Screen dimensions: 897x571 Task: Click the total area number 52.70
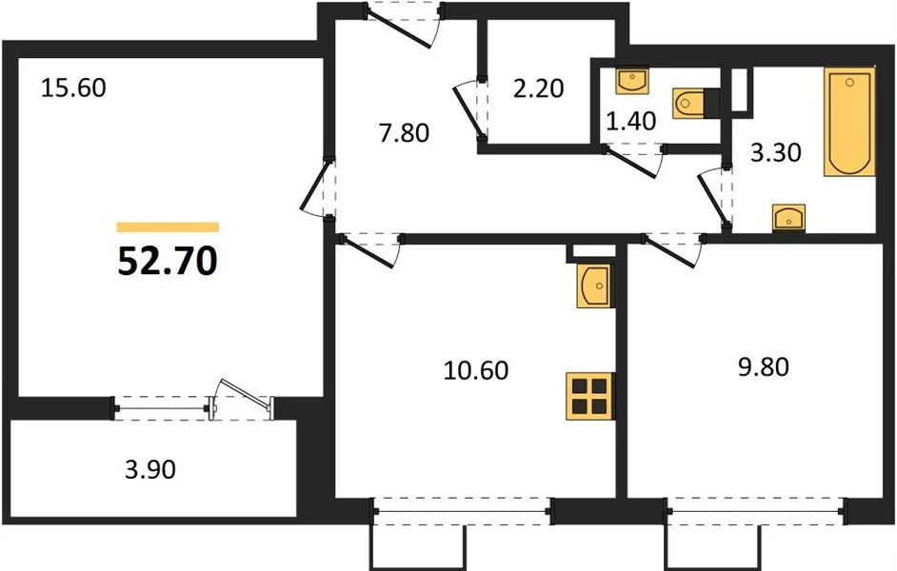tap(167, 263)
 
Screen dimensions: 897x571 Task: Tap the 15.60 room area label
tap(73, 89)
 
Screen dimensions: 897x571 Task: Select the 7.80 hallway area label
tap(404, 133)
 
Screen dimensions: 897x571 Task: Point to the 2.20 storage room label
tap(538, 89)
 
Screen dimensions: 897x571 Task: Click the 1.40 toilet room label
tap(631, 121)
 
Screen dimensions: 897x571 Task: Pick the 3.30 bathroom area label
tap(776, 152)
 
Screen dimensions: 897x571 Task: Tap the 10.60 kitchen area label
tap(476, 370)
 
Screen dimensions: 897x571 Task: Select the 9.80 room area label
tap(764, 366)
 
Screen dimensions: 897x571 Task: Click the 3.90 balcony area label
tap(150, 470)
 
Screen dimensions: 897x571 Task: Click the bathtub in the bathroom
tap(849, 122)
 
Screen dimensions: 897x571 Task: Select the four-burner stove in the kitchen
tap(590, 397)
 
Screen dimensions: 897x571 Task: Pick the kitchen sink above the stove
tap(595, 285)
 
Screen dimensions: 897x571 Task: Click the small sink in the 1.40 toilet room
tap(632, 80)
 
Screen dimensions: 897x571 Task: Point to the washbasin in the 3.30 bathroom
tap(788, 218)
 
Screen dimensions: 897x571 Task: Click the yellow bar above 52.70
tap(168, 227)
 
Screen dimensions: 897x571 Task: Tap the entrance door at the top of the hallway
tap(404, 26)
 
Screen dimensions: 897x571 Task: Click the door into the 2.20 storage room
tap(472, 109)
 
